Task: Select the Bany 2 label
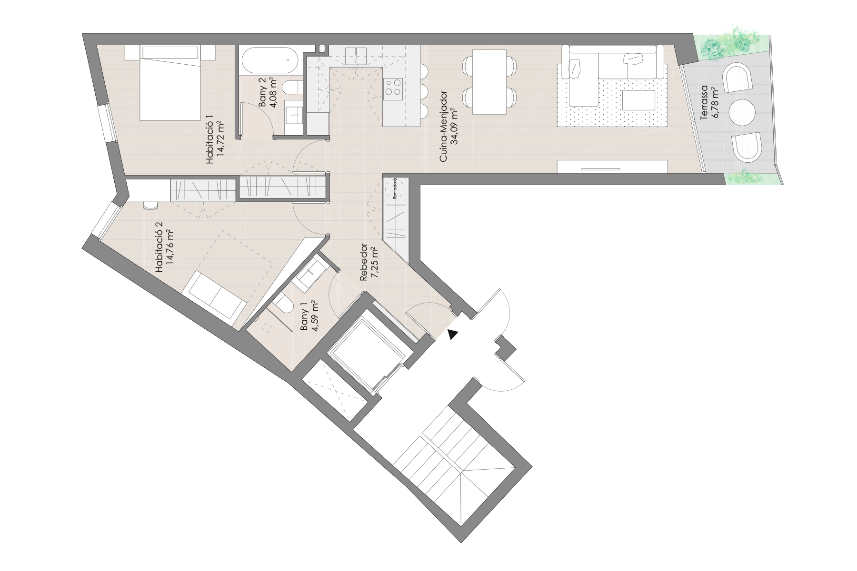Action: coord(268,94)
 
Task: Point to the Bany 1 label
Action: coord(309,316)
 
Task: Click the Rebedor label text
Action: coord(369,264)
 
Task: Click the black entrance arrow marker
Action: coord(453,335)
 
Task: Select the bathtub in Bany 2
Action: coord(269,60)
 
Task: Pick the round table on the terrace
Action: coord(742,112)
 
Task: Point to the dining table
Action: coord(488,82)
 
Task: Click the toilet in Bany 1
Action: coord(284,303)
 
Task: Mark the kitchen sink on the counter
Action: coord(355,55)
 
